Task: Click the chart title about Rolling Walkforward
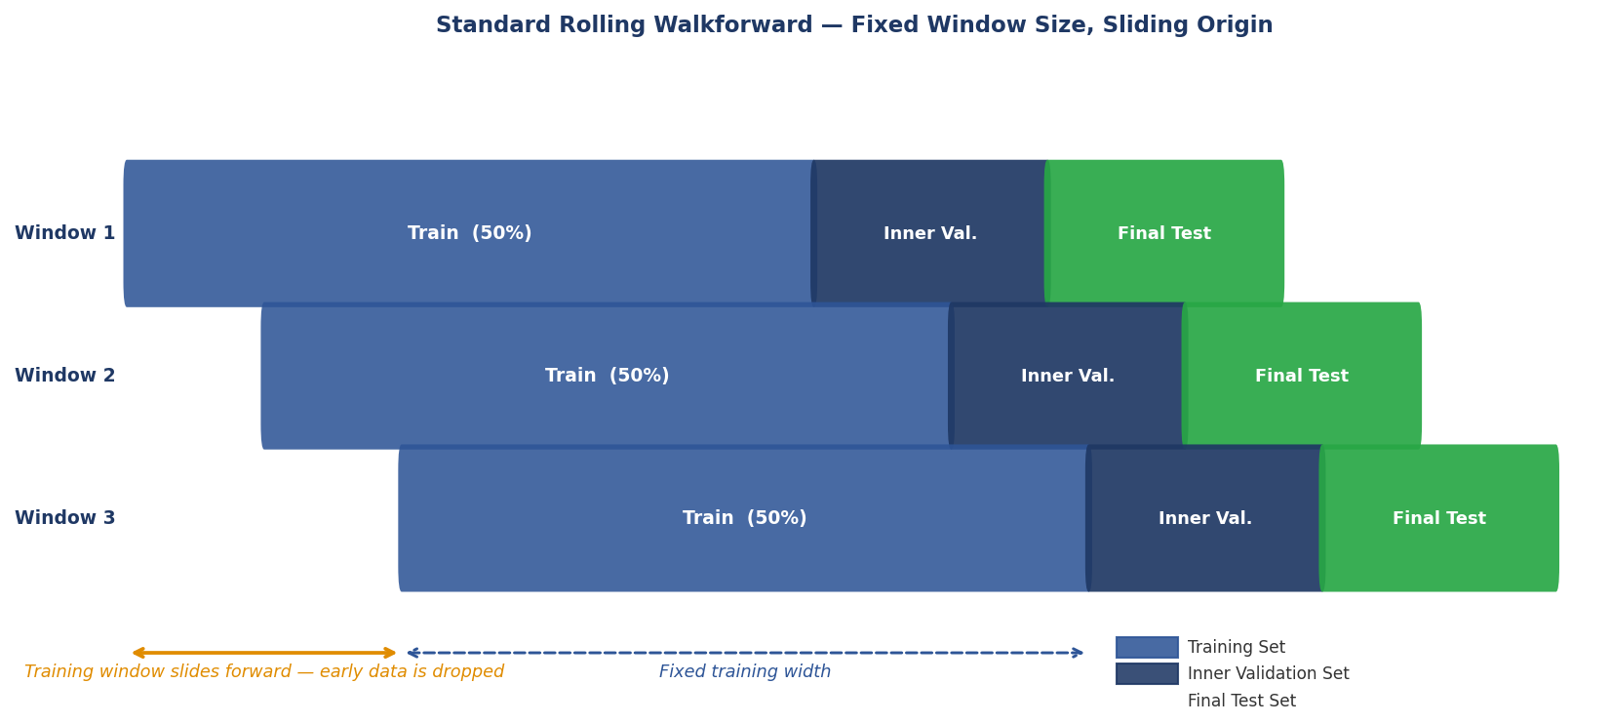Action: click(853, 25)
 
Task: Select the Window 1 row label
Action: click(64, 233)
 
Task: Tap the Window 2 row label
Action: click(64, 376)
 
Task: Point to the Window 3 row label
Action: click(64, 518)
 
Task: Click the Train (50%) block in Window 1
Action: click(469, 233)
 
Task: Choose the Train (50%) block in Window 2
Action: click(607, 376)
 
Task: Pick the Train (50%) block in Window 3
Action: click(744, 518)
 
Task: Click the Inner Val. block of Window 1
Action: click(930, 233)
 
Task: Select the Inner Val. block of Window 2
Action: click(1068, 376)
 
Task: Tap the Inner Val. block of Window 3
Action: click(1205, 518)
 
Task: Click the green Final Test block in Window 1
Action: click(1164, 233)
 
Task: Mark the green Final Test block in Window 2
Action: click(1302, 376)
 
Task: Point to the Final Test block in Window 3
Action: click(1439, 518)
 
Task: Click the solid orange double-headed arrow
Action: click(264, 653)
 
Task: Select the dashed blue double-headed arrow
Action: click(745, 653)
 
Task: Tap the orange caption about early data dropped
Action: click(264, 672)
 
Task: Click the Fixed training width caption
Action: click(745, 672)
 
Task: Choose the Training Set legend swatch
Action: click(1147, 648)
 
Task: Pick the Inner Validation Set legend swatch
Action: click(1147, 674)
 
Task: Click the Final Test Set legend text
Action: click(1241, 702)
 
